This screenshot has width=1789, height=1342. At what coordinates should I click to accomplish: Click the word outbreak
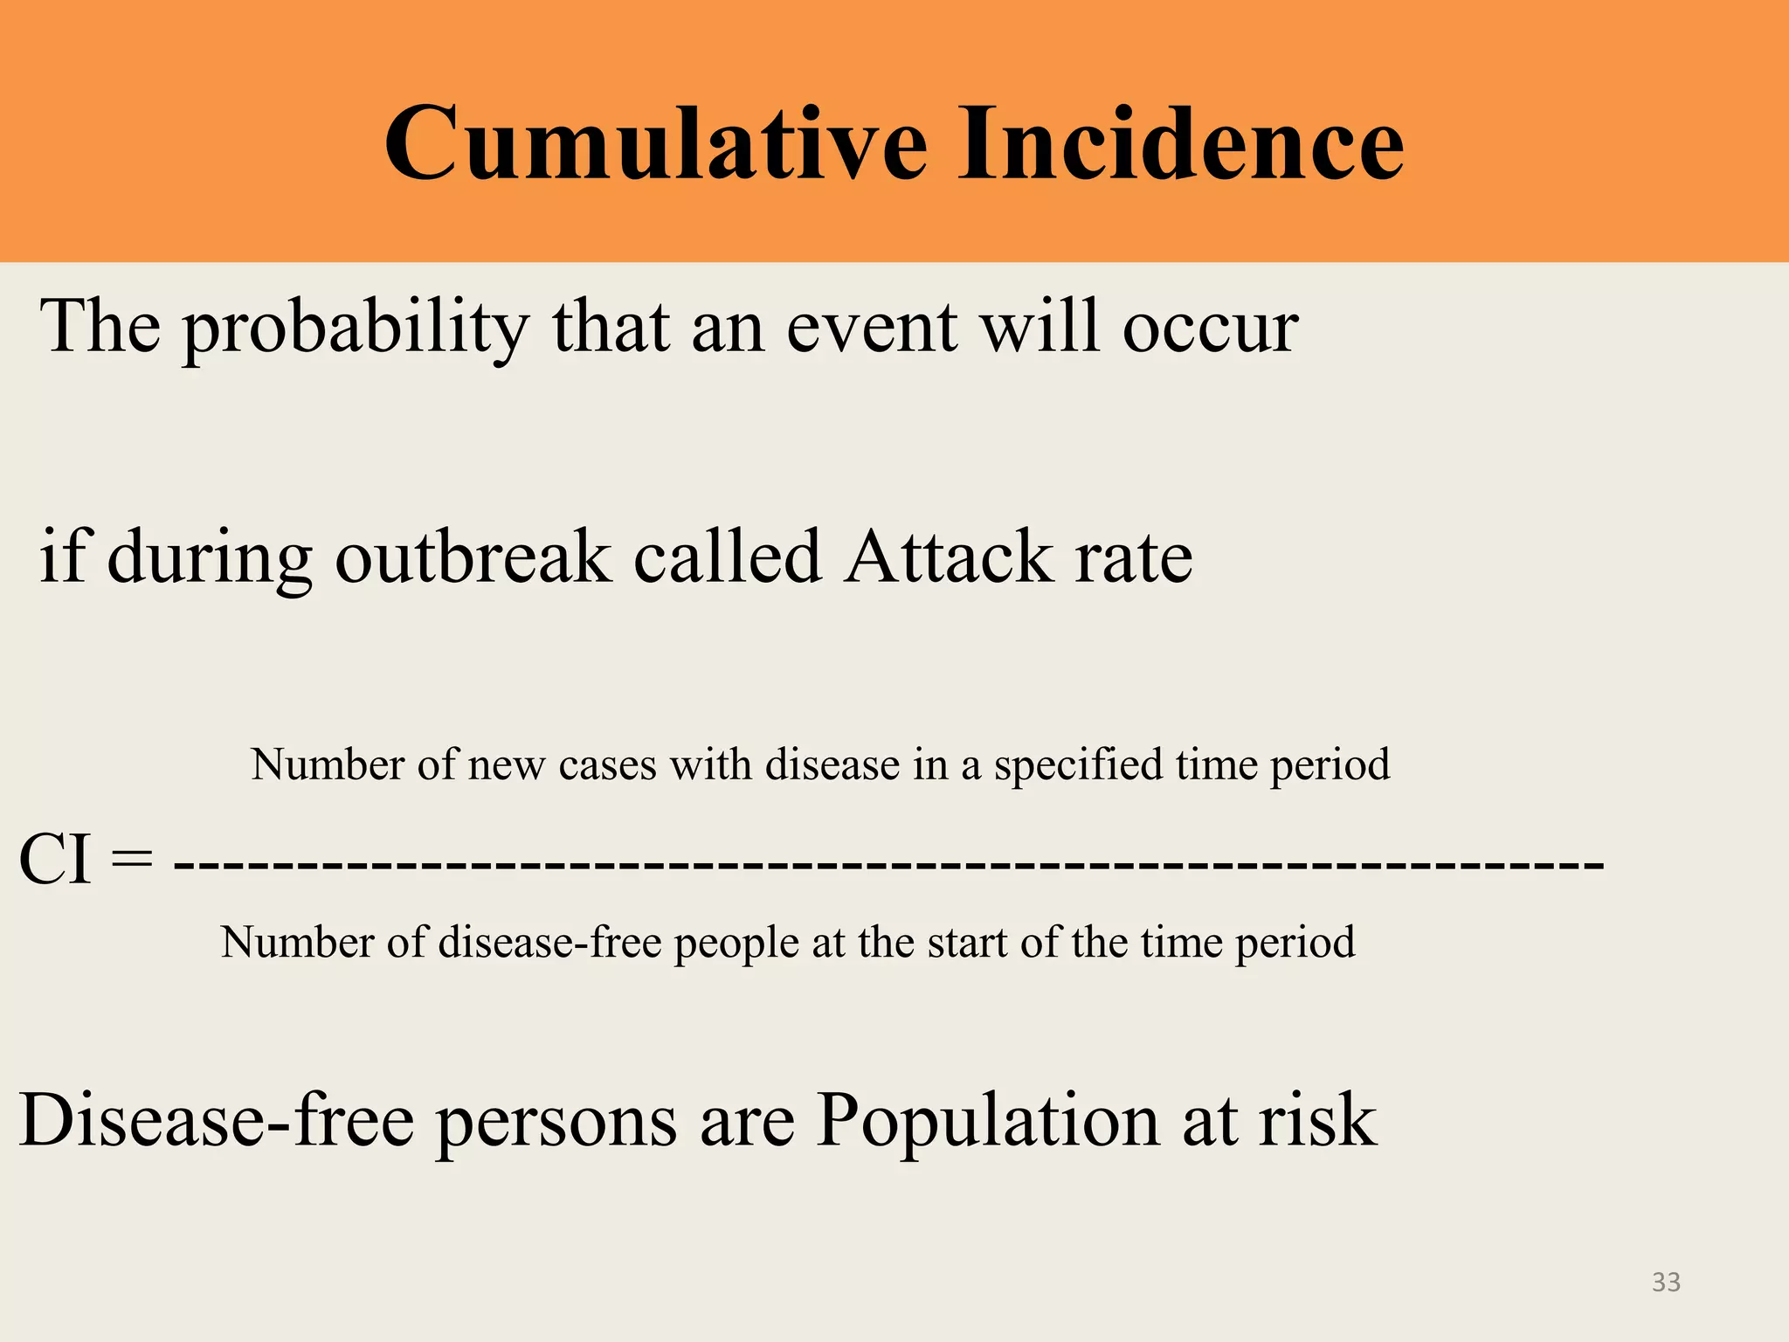[473, 559]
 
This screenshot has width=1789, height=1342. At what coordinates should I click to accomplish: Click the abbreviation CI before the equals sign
[54, 860]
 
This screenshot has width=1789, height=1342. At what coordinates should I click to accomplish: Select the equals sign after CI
[133, 860]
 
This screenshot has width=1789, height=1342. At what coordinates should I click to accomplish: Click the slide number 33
[1666, 1282]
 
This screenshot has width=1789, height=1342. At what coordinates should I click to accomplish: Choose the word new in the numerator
[508, 766]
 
